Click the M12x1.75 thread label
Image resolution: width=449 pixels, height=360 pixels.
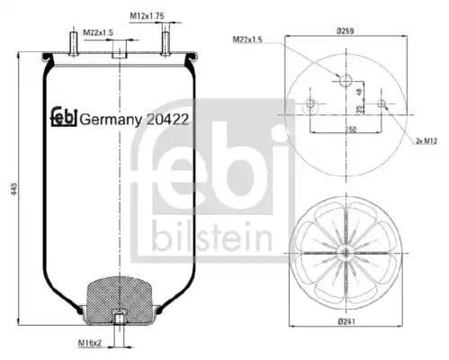coord(147,16)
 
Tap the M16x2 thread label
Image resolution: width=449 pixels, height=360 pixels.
coord(90,342)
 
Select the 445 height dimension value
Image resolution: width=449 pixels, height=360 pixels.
coord(14,188)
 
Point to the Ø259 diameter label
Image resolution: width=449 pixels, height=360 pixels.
coord(346,31)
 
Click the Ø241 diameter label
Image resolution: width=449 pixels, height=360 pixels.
coord(346,322)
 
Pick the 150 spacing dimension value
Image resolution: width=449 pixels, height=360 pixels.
coord(351,130)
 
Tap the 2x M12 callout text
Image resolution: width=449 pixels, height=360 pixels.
coord(427,140)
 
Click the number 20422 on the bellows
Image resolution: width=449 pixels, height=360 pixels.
coord(167,120)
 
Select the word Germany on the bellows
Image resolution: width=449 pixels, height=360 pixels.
coord(111,121)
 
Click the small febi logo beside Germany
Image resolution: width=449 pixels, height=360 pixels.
coord(65,117)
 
